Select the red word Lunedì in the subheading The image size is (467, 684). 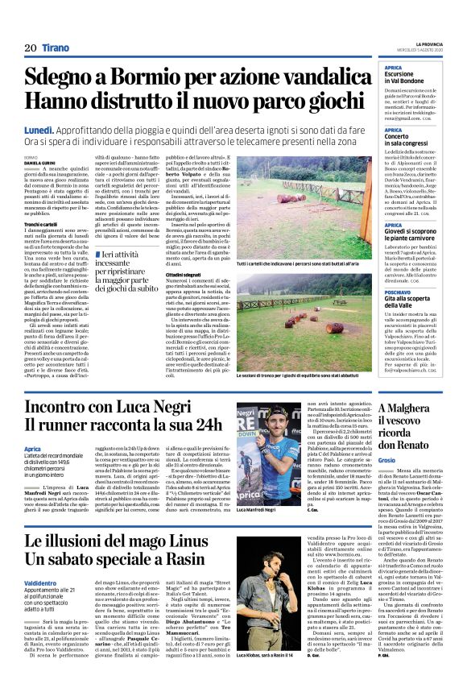pos(40,129)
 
